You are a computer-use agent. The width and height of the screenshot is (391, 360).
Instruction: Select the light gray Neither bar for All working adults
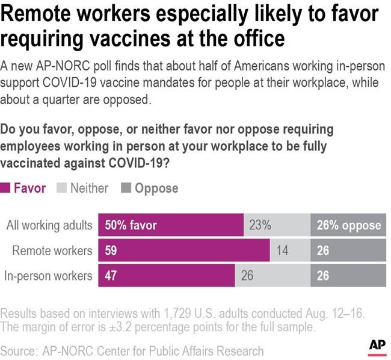click(x=277, y=225)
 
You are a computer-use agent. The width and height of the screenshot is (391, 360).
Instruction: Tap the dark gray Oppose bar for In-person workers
click(x=348, y=276)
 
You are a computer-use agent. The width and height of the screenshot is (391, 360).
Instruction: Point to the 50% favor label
click(x=131, y=225)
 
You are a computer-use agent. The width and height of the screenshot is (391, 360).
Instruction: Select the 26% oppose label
click(x=349, y=225)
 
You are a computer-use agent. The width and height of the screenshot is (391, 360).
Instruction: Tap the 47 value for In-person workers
click(x=111, y=276)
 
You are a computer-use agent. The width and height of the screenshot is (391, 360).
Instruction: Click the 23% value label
click(x=260, y=225)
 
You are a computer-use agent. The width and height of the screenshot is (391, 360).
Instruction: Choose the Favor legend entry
click(x=29, y=188)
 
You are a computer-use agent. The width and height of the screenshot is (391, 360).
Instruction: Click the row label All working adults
click(x=49, y=225)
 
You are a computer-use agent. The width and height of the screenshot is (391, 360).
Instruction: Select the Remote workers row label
click(x=52, y=250)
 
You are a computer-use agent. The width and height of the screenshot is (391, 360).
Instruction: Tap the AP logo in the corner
click(x=377, y=345)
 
